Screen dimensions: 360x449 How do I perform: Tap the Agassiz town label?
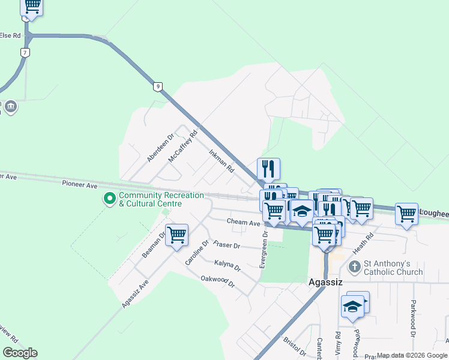(325, 281)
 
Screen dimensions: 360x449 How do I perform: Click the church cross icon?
(355, 266)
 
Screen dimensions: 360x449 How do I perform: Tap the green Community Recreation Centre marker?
(110, 197)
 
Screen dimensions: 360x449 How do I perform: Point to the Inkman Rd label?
(221, 161)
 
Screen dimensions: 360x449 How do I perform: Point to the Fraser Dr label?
(226, 245)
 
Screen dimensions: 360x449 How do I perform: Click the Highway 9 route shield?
(157, 86)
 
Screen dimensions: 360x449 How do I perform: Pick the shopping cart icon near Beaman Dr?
(177, 235)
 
